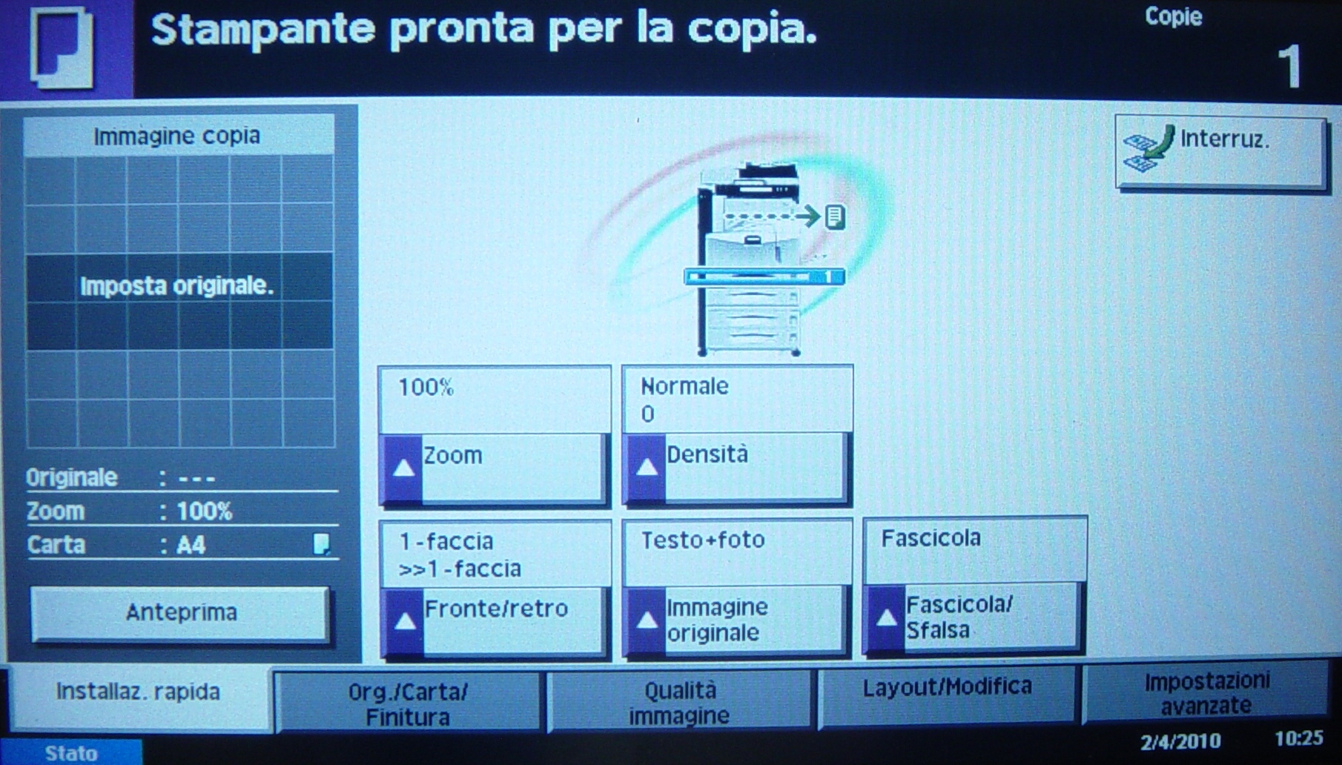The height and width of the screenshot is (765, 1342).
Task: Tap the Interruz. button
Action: pyautogui.click(x=1220, y=152)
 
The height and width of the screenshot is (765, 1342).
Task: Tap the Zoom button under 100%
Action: pyautogui.click(x=493, y=468)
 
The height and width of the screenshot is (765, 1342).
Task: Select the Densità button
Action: pyautogui.click(x=736, y=468)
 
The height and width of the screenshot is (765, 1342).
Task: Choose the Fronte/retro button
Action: pyautogui.click(x=494, y=621)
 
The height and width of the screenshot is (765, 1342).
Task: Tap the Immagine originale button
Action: pyautogui.click(x=736, y=620)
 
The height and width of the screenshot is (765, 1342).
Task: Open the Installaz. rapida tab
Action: pyautogui.click(x=139, y=694)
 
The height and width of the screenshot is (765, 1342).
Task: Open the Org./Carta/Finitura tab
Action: pyautogui.click(x=408, y=703)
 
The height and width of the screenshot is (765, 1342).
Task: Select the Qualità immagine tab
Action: pyautogui.click(x=679, y=701)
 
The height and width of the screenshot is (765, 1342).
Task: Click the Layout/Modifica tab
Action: pyautogui.click(x=947, y=694)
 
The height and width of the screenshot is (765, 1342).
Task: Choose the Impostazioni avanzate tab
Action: pyautogui.click(x=1206, y=692)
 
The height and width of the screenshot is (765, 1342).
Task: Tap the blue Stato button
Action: pyautogui.click(x=71, y=752)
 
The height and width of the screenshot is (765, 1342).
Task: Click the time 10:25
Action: pyautogui.click(x=1299, y=738)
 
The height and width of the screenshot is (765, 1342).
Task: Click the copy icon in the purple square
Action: pyautogui.click(x=62, y=47)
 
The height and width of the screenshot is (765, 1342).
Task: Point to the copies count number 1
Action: pyautogui.click(x=1290, y=66)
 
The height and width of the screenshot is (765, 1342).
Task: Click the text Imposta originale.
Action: pyautogui.click(x=177, y=285)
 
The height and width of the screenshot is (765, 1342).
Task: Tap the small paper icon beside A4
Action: pyautogui.click(x=321, y=544)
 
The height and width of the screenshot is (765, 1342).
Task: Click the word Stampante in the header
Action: pyautogui.click(x=263, y=30)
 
